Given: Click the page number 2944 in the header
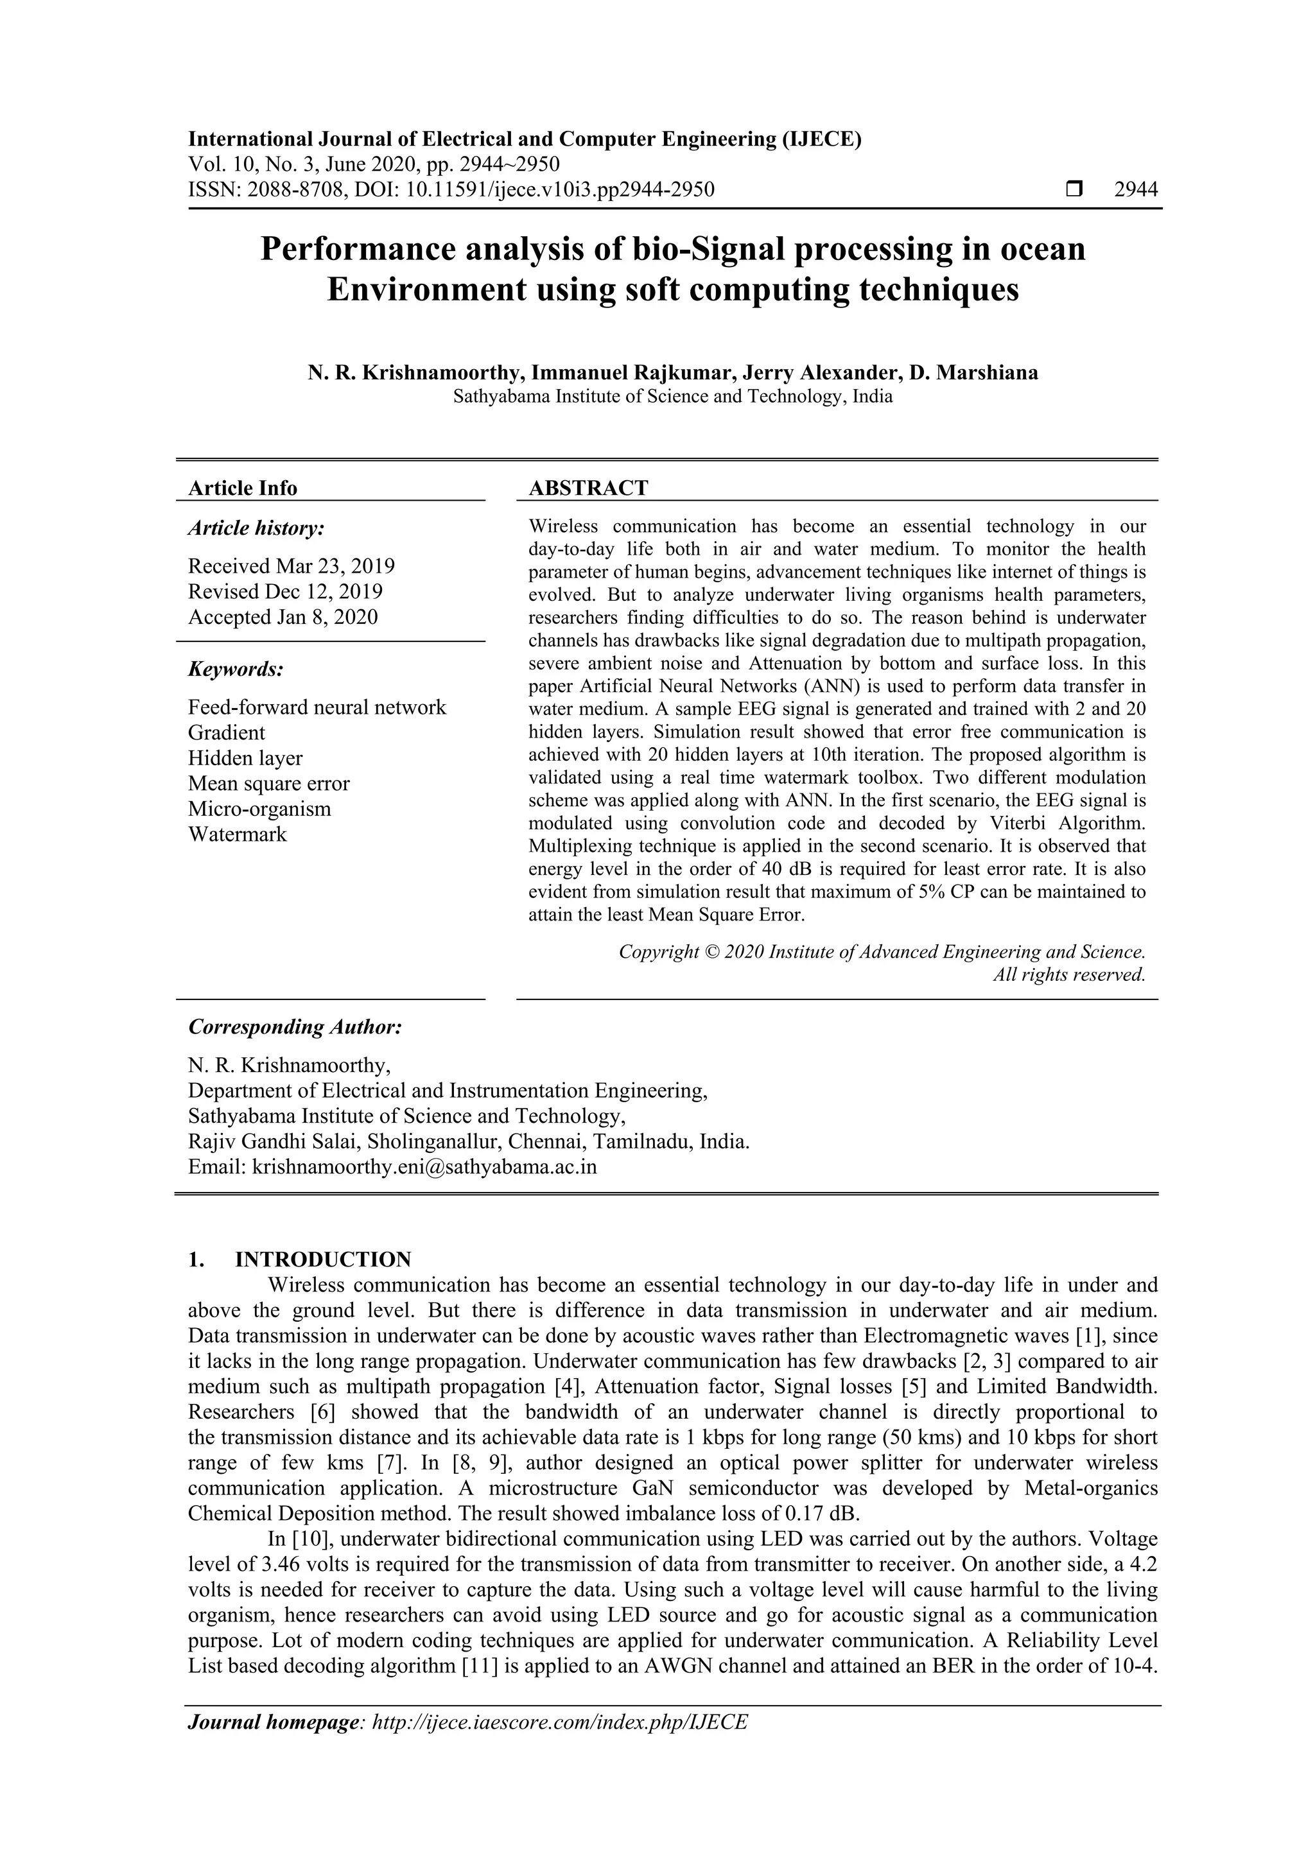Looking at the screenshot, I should coord(1135,189).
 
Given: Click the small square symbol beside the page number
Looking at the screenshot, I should coord(1074,189).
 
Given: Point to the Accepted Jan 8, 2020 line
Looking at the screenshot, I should coord(283,617).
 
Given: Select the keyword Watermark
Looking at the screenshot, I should coord(237,834).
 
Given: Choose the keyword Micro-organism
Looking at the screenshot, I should coord(259,809).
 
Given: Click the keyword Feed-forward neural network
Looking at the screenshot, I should coord(317,707).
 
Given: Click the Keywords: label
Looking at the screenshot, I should coord(236,669).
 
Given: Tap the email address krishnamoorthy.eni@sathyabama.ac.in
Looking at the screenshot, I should coord(424,1167).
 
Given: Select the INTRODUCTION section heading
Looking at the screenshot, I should coord(322,1260).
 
